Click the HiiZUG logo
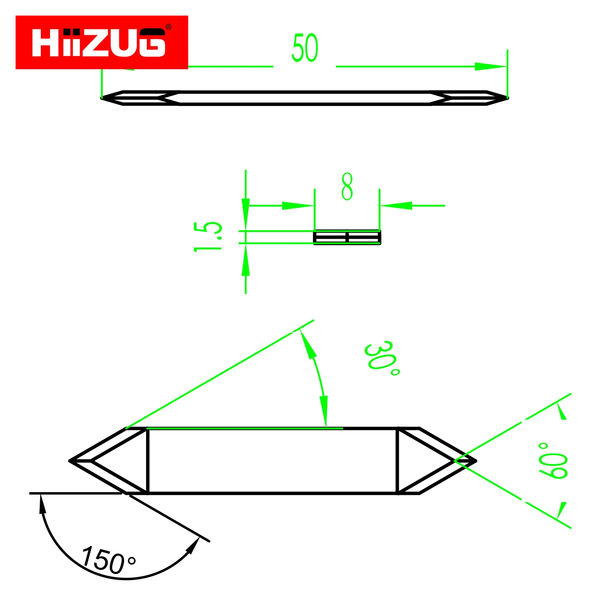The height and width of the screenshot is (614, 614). click(x=102, y=42)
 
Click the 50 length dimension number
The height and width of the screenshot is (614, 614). click(x=305, y=48)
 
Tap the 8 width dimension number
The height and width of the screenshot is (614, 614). click(x=347, y=187)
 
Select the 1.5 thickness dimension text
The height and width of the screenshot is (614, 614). click(x=208, y=237)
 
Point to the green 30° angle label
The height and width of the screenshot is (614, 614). click(x=381, y=358)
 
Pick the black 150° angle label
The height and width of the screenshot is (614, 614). click(x=108, y=560)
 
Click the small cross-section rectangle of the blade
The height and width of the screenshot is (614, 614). click(x=347, y=237)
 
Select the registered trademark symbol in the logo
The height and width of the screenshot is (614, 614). click(x=168, y=27)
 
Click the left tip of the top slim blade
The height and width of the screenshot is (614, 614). click(x=102, y=98)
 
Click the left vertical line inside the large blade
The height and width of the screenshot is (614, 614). click(x=148, y=461)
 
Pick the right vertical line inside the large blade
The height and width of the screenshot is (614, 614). click(x=397, y=461)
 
